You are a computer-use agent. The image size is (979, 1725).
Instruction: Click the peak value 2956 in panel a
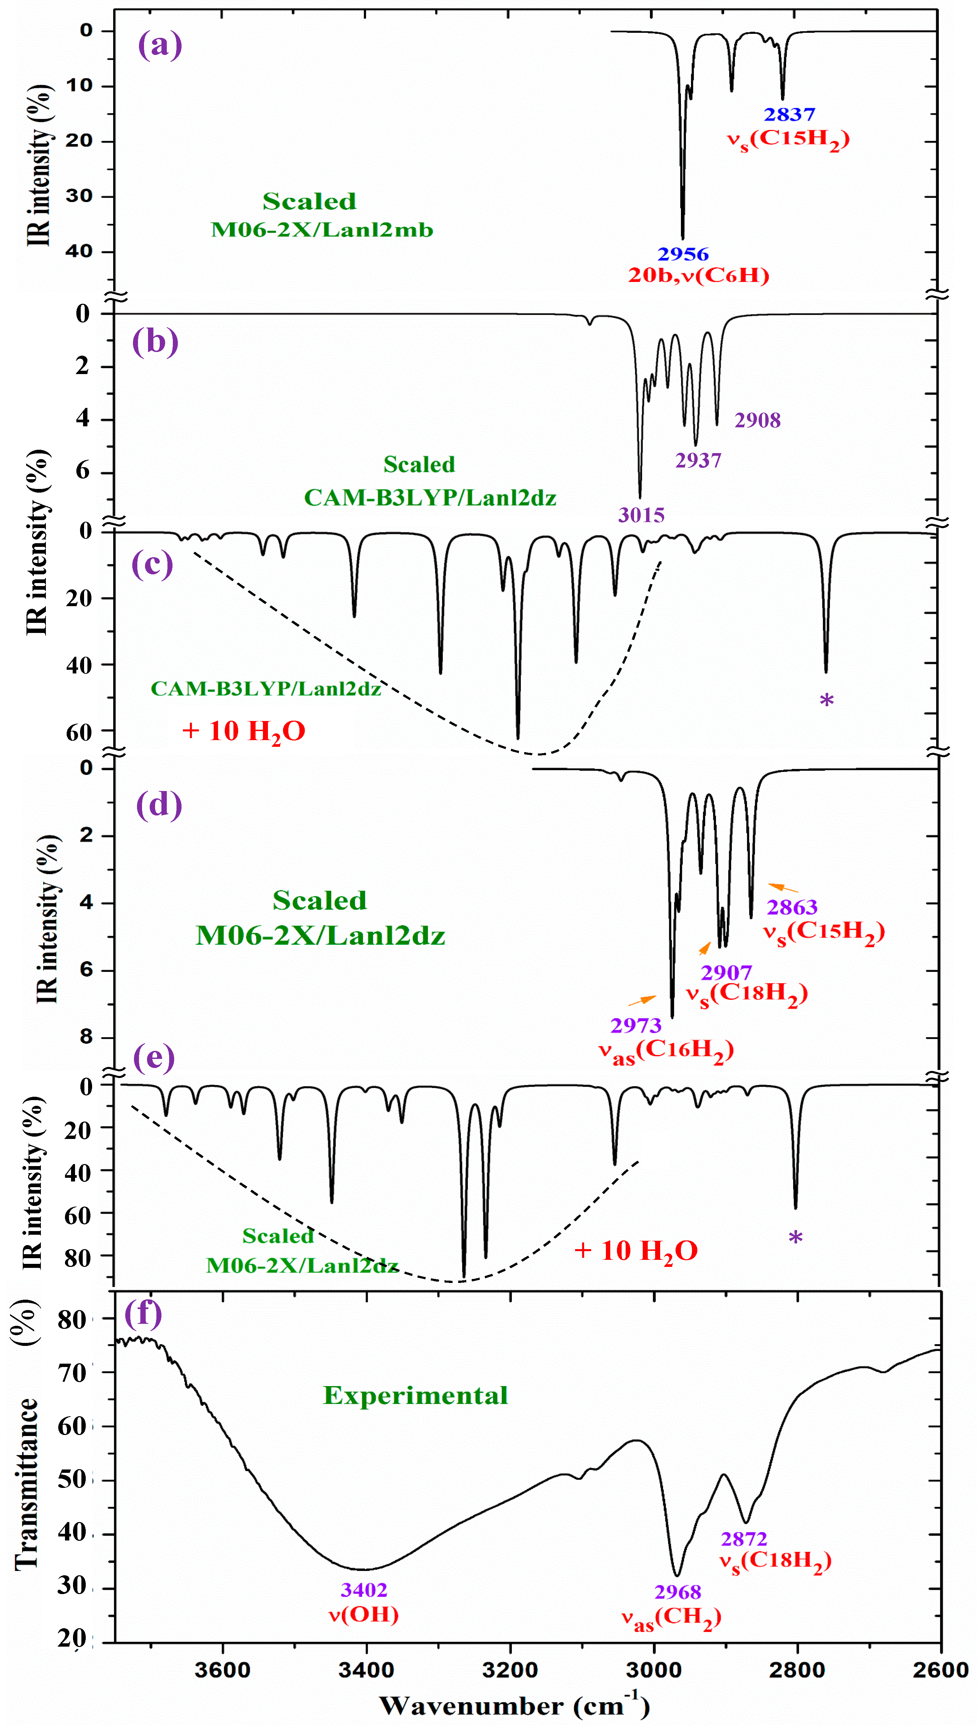(x=683, y=254)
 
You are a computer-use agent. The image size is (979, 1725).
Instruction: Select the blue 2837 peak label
(x=789, y=114)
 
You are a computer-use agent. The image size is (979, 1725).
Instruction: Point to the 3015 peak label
(x=641, y=516)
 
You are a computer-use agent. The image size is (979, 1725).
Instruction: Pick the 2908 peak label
(x=757, y=421)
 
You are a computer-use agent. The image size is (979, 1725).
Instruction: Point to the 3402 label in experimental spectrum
(x=364, y=1590)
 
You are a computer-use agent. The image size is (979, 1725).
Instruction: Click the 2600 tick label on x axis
(x=940, y=1670)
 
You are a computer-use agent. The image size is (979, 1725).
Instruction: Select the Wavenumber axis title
(x=514, y=1706)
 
